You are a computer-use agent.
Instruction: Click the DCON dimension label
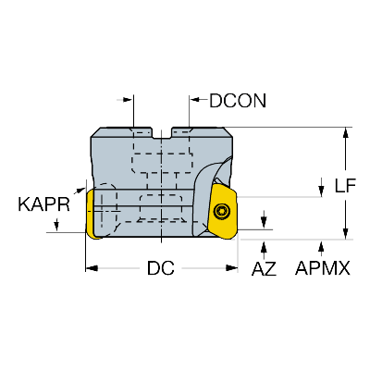238,101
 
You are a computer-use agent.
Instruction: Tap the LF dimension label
345,186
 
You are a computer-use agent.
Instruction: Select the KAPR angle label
44,204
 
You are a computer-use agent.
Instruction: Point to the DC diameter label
161,268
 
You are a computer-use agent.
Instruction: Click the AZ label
264,268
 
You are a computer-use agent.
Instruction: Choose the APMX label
323,268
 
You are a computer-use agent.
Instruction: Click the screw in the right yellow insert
221,211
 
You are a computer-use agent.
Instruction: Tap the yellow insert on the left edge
91,214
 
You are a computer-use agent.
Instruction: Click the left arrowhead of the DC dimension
92,268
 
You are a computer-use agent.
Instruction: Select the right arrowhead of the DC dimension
231,268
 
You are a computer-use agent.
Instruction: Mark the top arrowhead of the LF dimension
346,133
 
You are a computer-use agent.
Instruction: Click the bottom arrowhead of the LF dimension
346,233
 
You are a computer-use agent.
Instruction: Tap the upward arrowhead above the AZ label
264,247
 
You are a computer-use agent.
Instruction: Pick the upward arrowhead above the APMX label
322,247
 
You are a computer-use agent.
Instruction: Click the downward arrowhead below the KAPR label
56,225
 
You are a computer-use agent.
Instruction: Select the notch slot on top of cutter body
162,133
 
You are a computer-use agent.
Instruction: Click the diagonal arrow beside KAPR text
79,190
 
